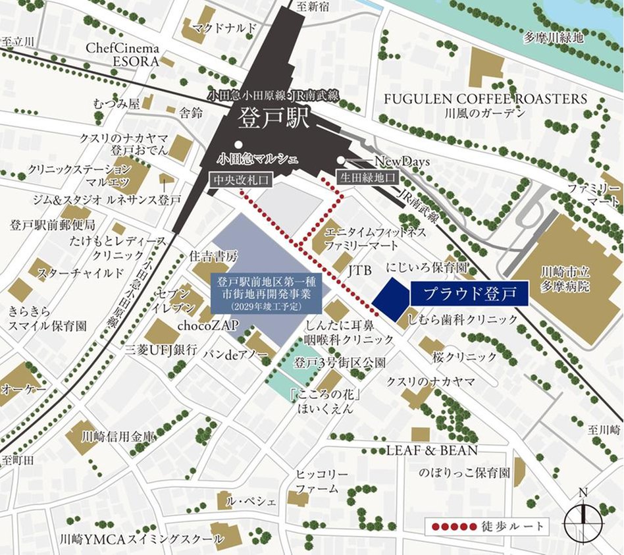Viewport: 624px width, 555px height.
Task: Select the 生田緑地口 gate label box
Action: click(x=367, y=177)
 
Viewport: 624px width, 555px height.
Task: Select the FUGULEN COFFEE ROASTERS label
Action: click(x=485, y=99)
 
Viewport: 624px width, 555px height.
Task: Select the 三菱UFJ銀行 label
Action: click(x=161, y=350)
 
